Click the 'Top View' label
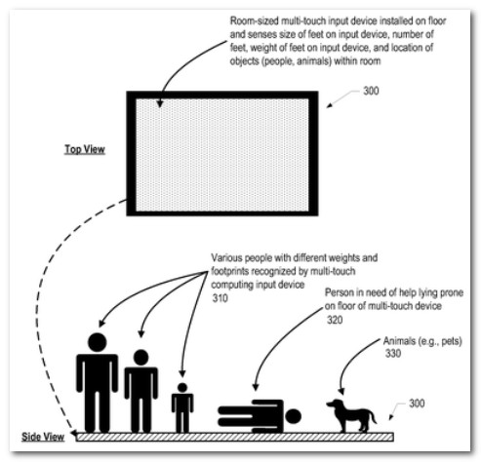pos(85,149)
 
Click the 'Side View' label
pos(43,437)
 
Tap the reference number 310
pos(220,298)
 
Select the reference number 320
pos(335,320)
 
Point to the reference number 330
pos(393,353)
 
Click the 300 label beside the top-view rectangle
pos(371,91)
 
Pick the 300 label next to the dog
pos(417,404)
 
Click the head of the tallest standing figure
pos(98,342)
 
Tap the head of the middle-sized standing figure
pos(140,358)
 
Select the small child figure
pos(182,407)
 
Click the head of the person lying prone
pos(293,416)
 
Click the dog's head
pos(335,404)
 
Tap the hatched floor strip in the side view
pos(235,437)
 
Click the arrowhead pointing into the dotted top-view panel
pos(159,103)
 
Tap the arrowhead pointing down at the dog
pos(341,391)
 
